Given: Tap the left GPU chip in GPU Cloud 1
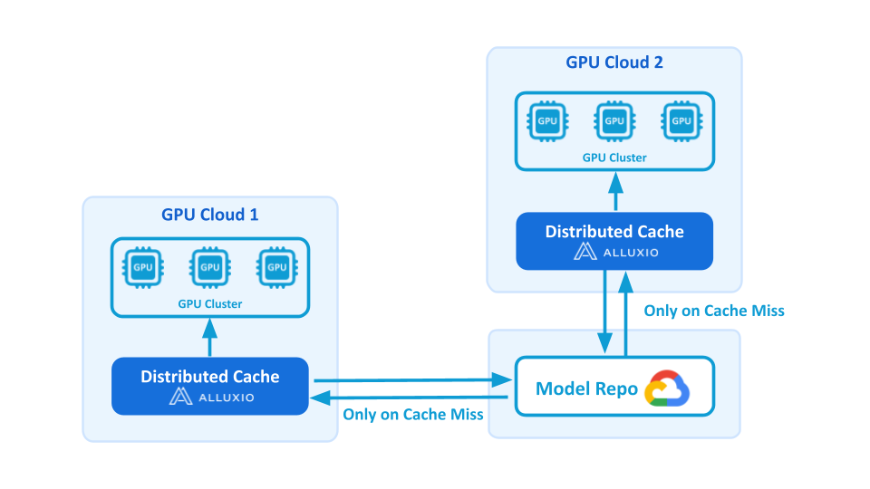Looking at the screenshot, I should (x=143, y=267).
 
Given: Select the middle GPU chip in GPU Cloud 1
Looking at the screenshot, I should (x=210, y=267).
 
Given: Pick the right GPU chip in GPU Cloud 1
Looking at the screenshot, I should (x=276, y=267).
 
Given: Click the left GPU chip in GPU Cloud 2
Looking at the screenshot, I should (x=547, y=120).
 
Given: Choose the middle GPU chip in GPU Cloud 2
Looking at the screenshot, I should (x=614, y=120).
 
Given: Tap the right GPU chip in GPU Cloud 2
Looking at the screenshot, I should (x=681, y=120).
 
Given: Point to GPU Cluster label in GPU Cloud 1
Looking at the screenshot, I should (x=210, y=304).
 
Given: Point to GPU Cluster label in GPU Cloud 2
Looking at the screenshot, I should (x=614, y=158).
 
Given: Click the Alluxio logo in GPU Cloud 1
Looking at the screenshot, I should (x=210, y=397).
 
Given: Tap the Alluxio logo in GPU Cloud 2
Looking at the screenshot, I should (x=614, y=252).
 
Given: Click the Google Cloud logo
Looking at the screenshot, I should (x=667, y=389).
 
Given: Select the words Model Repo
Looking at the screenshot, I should (x=587, y=389).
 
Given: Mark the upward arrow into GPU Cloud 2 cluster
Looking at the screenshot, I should (x=614, y=191).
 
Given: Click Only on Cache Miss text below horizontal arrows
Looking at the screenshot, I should (x=413, y=414).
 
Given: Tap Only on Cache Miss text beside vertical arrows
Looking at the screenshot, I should (x=714, y=311).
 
